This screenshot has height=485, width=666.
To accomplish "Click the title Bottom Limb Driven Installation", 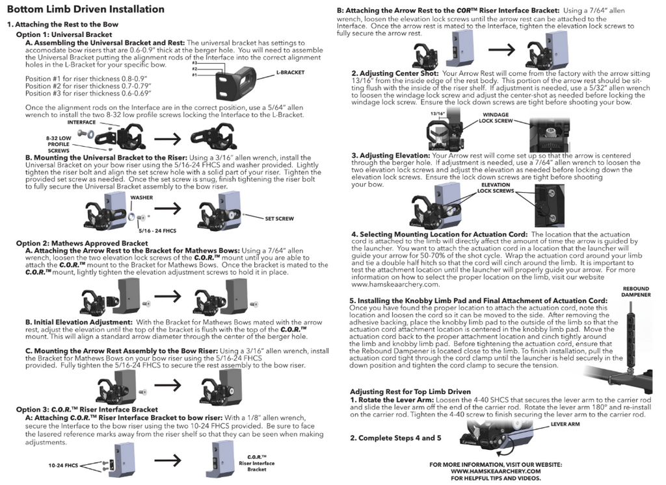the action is pyautogui.click(x=86, y=9).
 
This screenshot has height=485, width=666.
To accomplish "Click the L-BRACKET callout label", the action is pyautogui.click(x=290, y=72).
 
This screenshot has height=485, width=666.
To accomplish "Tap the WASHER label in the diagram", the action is pyautogui.click(x=141, y=197).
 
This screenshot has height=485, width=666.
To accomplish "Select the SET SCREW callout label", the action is pyautogui.click(x=279, y=219).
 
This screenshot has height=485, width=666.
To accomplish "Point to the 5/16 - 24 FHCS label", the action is pyautogui.click(x=157, y=230).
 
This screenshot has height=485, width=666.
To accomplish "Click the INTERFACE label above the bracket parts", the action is pyautogui.click(x=81, y=122).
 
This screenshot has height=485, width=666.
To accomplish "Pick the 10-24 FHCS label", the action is pyautogui.click(x=63, y=465).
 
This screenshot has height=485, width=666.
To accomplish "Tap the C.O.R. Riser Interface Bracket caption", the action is pyautogui.click(x=256, y=463).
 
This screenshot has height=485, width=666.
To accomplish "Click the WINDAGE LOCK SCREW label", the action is pyautogui.click(x=496, y=118).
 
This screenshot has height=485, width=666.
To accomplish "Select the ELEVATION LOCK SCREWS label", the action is pyautogui.click(x=495, y=188).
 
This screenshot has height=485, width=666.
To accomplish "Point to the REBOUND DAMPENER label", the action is pyautogui.click(x=636, y=292).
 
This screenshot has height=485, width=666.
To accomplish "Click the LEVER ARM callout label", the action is pyautogui.click(x=565, y=424).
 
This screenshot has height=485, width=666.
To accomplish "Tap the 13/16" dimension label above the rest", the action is pyautogui.click(x=438, y=114).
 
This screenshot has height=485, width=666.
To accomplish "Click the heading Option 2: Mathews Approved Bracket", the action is pyautogui.click(x=82, y=243).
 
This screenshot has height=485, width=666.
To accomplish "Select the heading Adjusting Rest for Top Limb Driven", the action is pyautogui.click(x=410, y=392).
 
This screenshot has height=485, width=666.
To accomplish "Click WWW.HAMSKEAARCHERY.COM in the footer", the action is pyautogui.click(x=496, y=471).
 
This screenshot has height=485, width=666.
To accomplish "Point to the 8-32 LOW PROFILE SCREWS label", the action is pyautogui.click(x=59, y=144).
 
